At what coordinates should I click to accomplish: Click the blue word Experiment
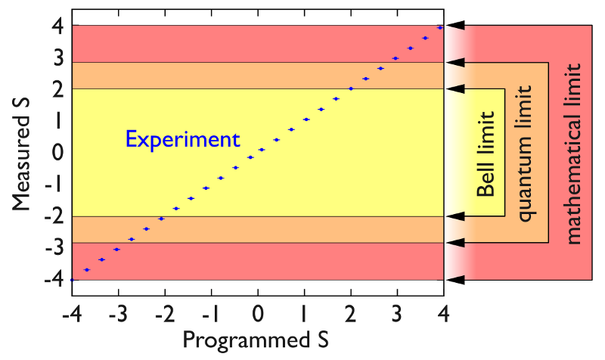click(x=182, y=140)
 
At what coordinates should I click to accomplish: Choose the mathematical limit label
click(x=573, y=154)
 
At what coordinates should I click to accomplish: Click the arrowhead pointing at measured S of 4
click(x=455, y=26)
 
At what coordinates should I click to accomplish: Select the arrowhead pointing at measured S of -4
click(x=455, y=281)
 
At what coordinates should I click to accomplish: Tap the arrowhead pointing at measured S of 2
click(x=455, y=89)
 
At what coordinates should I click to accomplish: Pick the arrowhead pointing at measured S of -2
click(x=455, y=217)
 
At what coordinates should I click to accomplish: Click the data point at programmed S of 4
click(x=440, y=27)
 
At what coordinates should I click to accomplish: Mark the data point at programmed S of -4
click(x=72, y=280)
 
